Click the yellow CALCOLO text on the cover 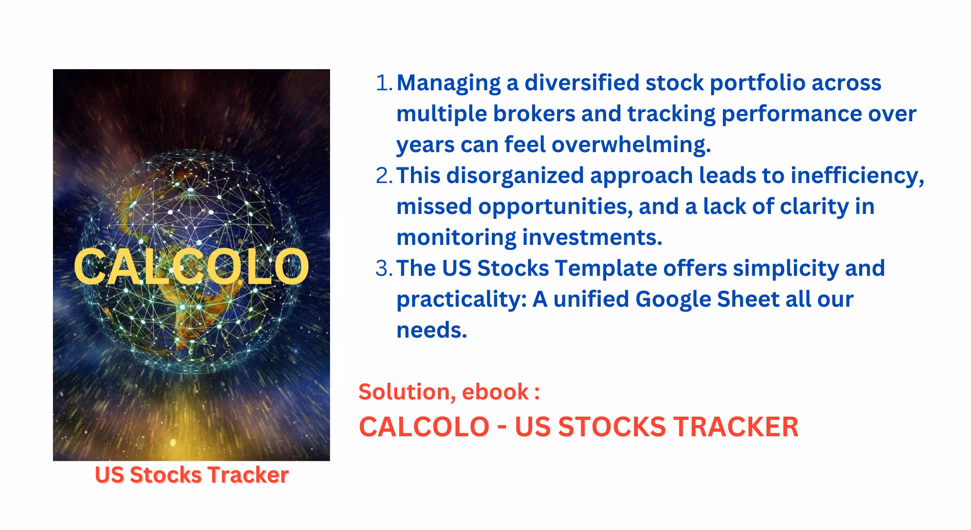[191, 266]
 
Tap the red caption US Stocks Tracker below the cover [192, 475]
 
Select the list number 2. [384, 176]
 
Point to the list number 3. [384, 268]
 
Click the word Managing [448, 83]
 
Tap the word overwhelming [631, 145]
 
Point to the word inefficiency [857, 176]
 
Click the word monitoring [456, 238]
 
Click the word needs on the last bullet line [432, 331]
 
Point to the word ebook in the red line [495, 392]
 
